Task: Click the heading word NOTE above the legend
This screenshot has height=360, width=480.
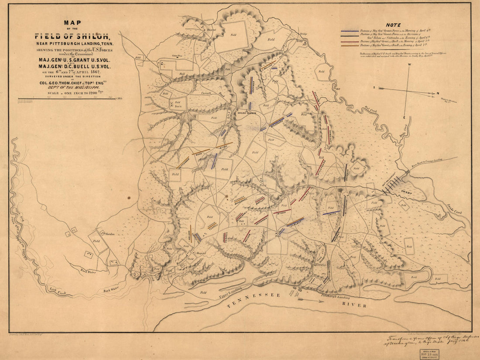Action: tap(394, 25)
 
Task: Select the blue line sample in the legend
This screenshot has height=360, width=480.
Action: tap(350, 31)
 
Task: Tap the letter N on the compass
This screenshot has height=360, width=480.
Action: tap(438, 93)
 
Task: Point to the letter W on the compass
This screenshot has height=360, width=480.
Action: tap(409, 65)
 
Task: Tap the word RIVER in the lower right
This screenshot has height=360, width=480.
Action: tap(354, 305)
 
